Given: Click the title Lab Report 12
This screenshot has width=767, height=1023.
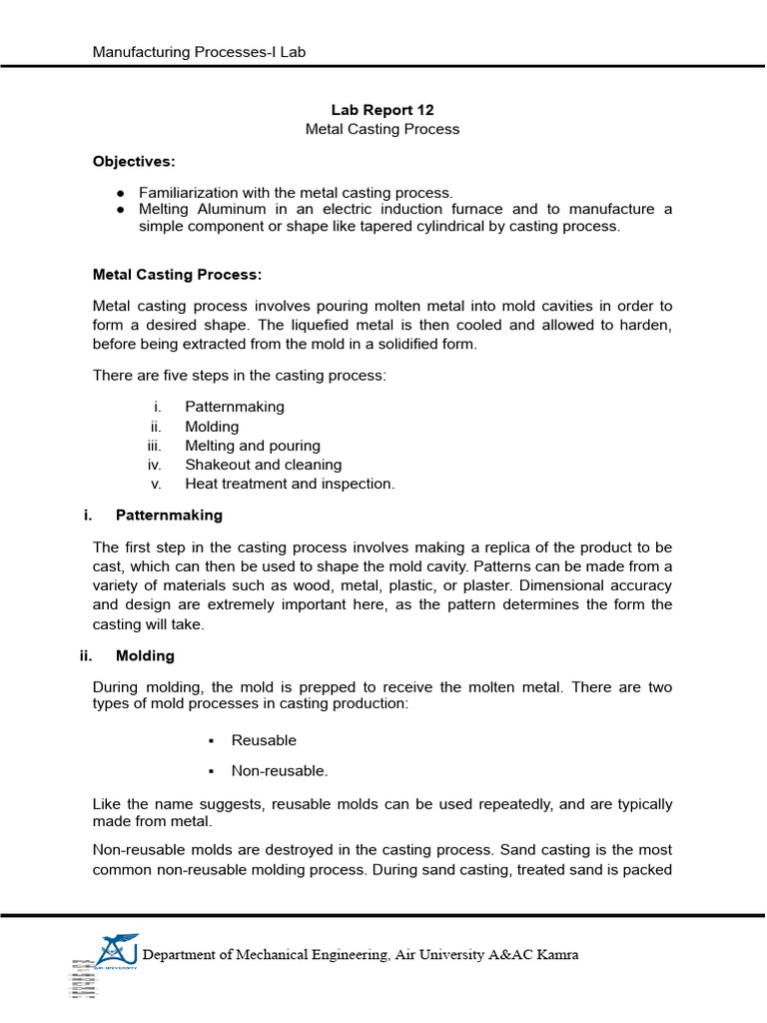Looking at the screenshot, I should coord(383,110).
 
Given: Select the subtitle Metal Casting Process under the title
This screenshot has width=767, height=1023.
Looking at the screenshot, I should coord(383,129).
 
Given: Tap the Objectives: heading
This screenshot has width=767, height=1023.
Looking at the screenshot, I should coord(133,161).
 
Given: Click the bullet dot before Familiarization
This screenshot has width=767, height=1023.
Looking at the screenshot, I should coord(120,193).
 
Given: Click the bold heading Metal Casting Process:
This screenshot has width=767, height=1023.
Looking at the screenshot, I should coord(177,274).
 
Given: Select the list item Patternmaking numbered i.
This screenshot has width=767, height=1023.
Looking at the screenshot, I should coord(234,407).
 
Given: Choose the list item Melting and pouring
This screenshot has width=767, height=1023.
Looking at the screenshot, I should coord(252,446).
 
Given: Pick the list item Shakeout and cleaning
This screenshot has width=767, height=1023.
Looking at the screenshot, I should coord(263,465).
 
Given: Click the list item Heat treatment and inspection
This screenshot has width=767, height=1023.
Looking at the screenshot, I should coord(290,484).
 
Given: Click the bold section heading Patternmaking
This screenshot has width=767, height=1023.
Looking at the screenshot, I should coord(169,515).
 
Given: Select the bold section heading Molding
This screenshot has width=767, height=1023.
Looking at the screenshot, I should coord(145,655).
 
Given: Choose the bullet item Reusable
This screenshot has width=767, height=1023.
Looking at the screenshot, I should coord(264,740).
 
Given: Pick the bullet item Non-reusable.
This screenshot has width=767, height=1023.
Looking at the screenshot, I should coord(279,770).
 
